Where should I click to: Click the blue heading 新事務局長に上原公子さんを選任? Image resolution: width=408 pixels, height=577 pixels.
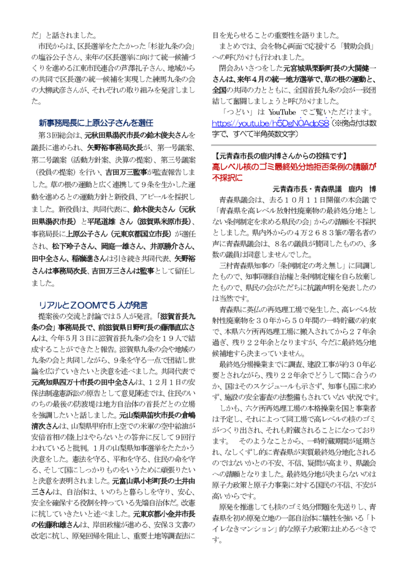(x=96, y=122)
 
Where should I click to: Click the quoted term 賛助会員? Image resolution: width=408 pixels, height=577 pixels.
(x=361, y=43)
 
